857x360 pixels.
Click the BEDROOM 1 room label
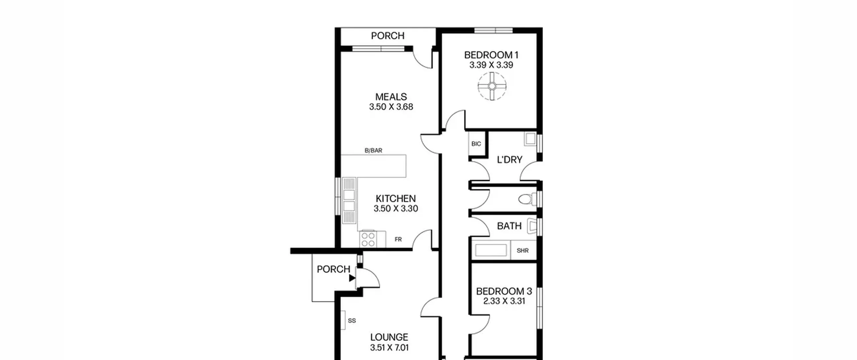[x=491, y=55]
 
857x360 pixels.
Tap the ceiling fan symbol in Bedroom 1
[x=492, y=86]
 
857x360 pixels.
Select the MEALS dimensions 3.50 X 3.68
[x=391, y=107]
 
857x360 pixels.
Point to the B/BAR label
[x=373, y=151]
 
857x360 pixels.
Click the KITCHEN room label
[x=396, y=198]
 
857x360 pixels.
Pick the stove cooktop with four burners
[x=368, y=239]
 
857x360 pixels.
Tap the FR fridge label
[x=398, y=239]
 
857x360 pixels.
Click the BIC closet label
[x=476, y=144]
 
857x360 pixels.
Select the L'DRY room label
[x=510, y=160]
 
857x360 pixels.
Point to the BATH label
[x=509, y=226]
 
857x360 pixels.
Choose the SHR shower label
[x=523, y=250]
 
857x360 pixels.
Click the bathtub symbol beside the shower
[x=491, y=250]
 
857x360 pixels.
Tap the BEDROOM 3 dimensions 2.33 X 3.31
[x=504, y=301]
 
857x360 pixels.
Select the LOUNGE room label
[x=389, y=337]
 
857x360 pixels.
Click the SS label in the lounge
[x=352, y=321]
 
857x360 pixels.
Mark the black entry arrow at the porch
[x=352, y=278]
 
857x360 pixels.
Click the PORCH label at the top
[x=388, y=35]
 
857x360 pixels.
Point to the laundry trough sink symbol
[x=530, y=139]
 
